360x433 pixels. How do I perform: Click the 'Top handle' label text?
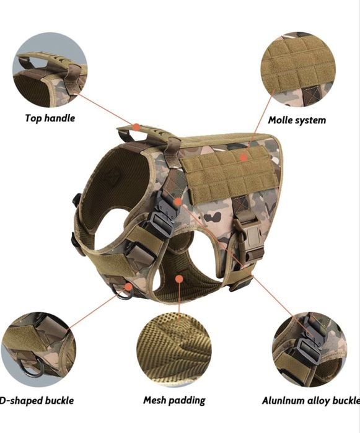(50, 118)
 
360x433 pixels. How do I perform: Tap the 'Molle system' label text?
(297, 120)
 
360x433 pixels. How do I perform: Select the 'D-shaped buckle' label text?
(37, 400)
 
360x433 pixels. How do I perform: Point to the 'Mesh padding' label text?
(174, 400)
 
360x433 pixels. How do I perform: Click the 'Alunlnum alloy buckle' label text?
(311, 401)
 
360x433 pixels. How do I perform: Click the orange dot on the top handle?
(136, 127)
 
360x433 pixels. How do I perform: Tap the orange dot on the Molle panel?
(244, 157)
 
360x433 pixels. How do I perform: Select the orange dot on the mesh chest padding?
(179, 279)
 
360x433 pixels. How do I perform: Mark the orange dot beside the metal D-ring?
(128, 287)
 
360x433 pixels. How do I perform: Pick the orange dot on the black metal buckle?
(178, 202)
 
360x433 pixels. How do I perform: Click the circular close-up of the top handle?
(50, 70)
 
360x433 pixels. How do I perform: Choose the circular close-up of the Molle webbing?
(298, 69)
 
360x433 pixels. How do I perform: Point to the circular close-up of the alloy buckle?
(309, 349)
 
